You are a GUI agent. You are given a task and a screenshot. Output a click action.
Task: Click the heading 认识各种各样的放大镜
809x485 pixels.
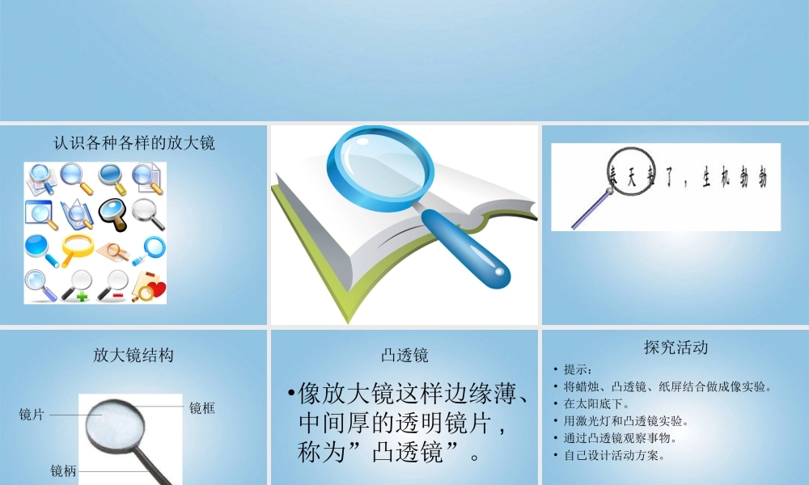133,143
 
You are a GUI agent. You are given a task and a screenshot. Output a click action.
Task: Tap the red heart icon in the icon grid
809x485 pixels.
155,289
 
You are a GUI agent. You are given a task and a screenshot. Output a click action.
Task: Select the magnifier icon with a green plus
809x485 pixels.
78,285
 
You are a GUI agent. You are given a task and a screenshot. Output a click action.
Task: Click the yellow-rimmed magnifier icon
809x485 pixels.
77,247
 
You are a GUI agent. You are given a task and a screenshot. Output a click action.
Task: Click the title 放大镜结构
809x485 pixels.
133,355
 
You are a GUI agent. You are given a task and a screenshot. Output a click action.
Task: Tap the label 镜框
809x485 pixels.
202,408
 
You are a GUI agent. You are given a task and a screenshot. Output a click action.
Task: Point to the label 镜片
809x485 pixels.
32,415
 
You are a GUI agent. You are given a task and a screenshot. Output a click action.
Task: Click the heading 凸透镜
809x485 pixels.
404,355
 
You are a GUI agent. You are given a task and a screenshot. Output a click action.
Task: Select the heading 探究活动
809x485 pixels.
676,348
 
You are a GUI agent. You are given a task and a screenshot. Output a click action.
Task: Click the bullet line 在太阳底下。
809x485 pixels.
597,403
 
